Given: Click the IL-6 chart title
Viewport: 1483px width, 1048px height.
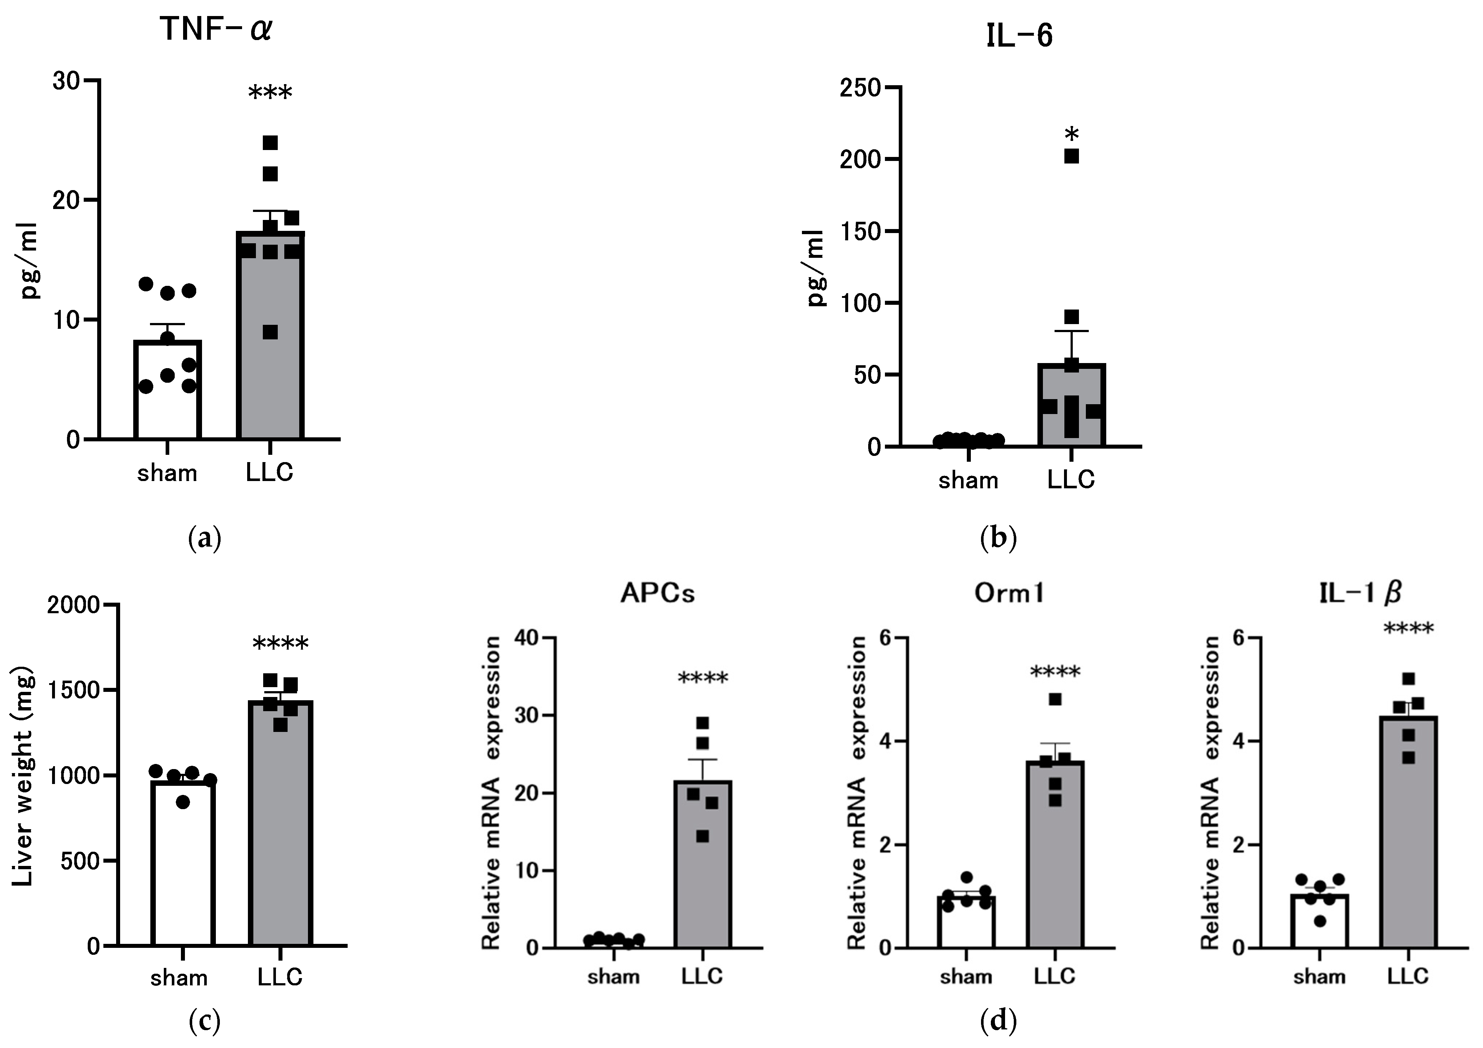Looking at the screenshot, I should click(x=1019, y=37).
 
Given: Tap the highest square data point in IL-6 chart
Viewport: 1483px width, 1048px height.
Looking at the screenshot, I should click(x=1072, y=156).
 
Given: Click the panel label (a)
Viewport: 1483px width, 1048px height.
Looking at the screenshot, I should click(x=205, y=537).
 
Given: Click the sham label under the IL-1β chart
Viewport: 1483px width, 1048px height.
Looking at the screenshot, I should click(x=1319, y=976).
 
